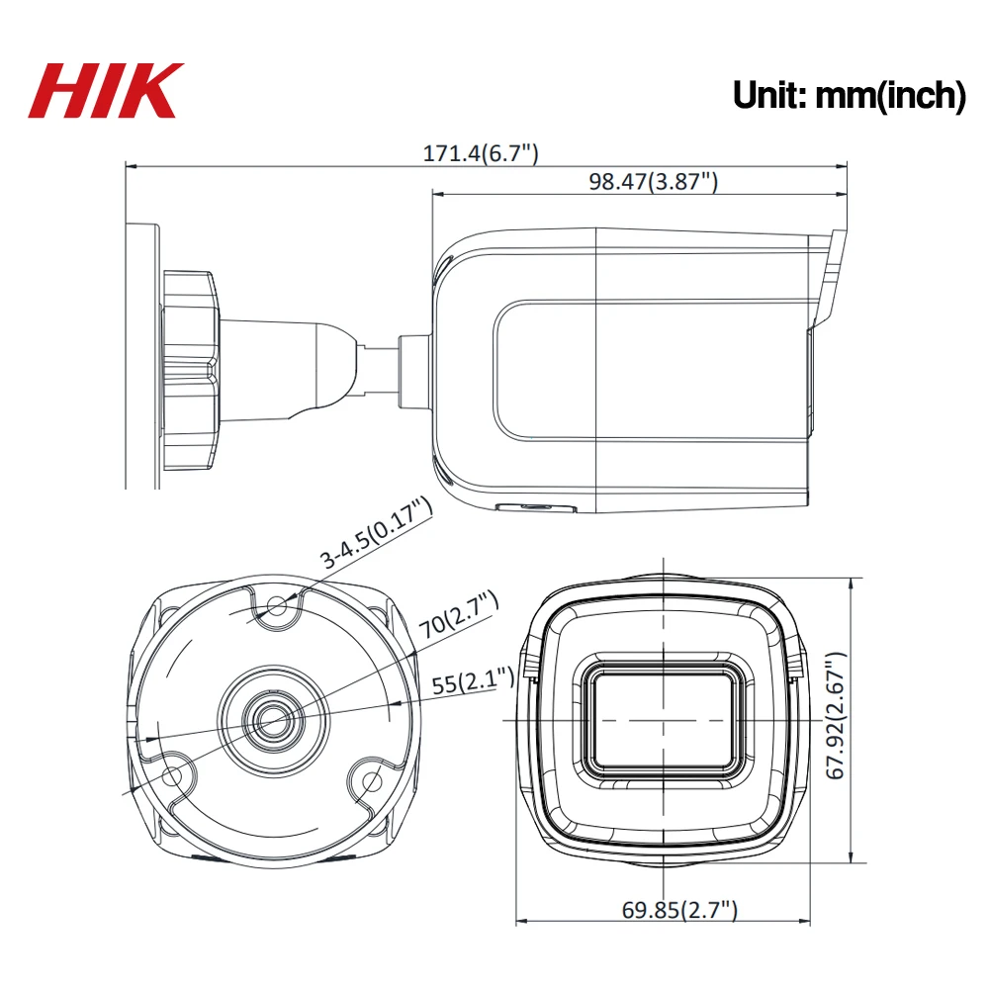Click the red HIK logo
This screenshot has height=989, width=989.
[x=107, y=91]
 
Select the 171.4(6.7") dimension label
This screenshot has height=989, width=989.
[x=481, y=152]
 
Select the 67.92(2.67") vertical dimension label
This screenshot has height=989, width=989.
[x=837, y=714]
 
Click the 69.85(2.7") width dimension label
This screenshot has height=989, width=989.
[x=679, y=911]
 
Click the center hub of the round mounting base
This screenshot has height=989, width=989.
[x=268, y=720]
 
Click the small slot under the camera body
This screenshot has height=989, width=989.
[x=534, y=507]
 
